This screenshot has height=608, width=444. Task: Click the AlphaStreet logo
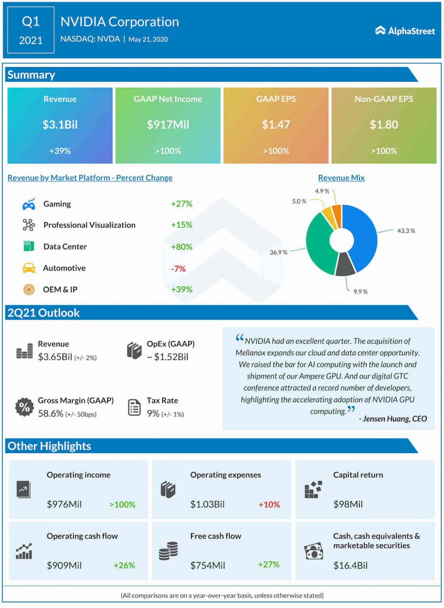[x=405, y=31]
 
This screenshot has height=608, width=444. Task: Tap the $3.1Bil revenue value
[x=60, y=125]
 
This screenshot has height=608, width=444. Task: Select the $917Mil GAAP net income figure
[x=168, y=125]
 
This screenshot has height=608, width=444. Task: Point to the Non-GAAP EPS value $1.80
[x=383, y=125]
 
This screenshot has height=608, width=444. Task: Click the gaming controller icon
[x=28, y=204]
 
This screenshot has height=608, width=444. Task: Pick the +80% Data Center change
[x=181, y=247]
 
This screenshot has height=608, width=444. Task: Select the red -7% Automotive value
[x=178, y=268]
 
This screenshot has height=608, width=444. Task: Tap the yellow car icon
[x=28, y=268]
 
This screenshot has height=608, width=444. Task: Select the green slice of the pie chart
[x=319, y=245]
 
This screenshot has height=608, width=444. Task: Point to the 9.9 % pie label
[x=360, y=292]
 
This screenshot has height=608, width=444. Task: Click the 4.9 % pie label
[x=322, y=191]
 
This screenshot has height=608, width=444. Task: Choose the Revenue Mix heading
[x=341, y=178]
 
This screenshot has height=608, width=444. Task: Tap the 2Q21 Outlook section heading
[x=44, y=313]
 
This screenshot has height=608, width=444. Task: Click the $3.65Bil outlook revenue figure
[x=55, y=357]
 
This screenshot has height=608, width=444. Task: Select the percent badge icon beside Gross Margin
[x=25, y=407]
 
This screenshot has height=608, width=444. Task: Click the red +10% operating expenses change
[x=269, y=504]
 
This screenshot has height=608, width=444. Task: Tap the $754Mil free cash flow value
[x=207, y=565]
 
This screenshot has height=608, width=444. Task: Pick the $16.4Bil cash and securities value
[x=350, y=565]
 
